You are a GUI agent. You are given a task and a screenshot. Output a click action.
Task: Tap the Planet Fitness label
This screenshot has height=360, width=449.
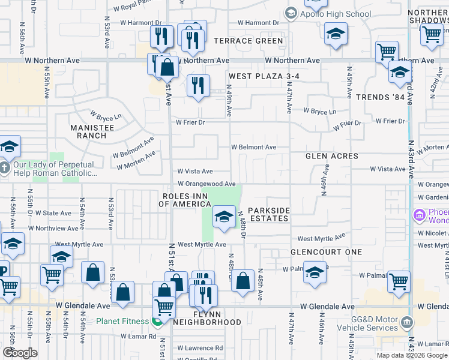point(122,321)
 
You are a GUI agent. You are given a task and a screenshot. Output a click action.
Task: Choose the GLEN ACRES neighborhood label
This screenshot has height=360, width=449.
point(331,156)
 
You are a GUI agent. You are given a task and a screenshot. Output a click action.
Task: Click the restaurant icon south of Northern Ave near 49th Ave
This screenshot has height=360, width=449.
point(197,85)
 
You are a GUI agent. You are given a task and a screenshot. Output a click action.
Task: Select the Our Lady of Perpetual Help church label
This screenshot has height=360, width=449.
point(55,169)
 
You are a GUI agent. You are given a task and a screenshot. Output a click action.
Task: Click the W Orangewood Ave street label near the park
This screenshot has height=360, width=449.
point(206,184)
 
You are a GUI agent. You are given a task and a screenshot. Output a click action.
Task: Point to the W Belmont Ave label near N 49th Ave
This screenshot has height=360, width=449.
point(254,147)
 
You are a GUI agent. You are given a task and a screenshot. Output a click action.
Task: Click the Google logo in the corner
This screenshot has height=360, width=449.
point(20,353)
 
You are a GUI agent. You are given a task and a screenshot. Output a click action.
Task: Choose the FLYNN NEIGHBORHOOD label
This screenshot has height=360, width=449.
point(206,319)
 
